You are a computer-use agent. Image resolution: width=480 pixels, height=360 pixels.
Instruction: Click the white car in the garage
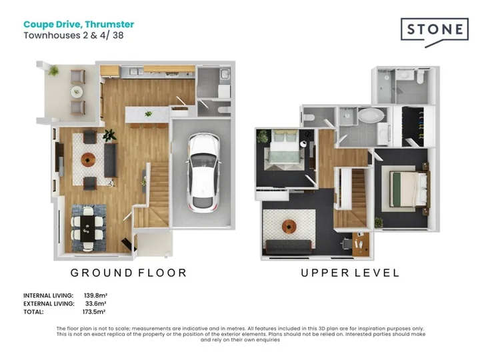203,173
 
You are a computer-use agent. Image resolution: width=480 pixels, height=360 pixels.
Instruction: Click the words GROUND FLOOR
129,273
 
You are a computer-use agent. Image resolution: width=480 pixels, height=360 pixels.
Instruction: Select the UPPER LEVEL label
350,273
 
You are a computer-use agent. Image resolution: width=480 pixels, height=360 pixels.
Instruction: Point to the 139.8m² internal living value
95,295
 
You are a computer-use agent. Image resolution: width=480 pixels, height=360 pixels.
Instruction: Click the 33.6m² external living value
96,304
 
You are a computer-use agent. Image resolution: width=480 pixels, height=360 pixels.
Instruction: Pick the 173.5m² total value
94,312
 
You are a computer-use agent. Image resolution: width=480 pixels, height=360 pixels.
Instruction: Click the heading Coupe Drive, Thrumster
79,24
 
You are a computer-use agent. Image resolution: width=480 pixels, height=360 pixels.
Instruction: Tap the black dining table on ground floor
87,229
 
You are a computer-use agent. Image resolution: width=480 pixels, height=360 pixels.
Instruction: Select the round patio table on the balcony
77,91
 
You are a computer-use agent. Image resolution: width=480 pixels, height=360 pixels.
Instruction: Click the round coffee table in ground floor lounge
88,159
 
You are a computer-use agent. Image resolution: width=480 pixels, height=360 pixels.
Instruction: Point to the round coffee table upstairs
289,226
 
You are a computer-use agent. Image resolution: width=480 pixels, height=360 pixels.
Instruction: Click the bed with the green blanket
409,189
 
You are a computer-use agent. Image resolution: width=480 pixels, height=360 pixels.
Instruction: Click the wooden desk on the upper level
361,244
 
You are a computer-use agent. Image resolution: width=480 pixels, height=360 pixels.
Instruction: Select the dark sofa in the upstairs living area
289,247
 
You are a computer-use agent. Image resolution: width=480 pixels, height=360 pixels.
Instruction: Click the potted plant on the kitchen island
149,114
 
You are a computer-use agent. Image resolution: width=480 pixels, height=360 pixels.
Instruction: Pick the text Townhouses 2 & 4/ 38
73,35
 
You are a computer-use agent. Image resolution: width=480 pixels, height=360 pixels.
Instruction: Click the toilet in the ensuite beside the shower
419,77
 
